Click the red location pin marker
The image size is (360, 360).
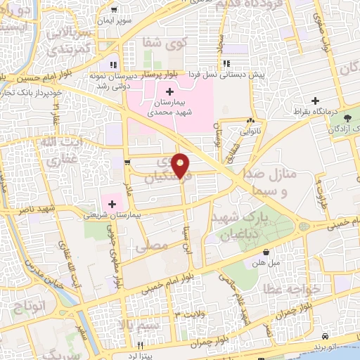(181, 165)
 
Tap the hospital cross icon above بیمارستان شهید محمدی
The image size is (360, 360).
(169, 91)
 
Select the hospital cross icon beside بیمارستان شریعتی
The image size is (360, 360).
(112, 204)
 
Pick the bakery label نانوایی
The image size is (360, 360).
(251, 131)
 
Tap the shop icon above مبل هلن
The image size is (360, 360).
(266, 252)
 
